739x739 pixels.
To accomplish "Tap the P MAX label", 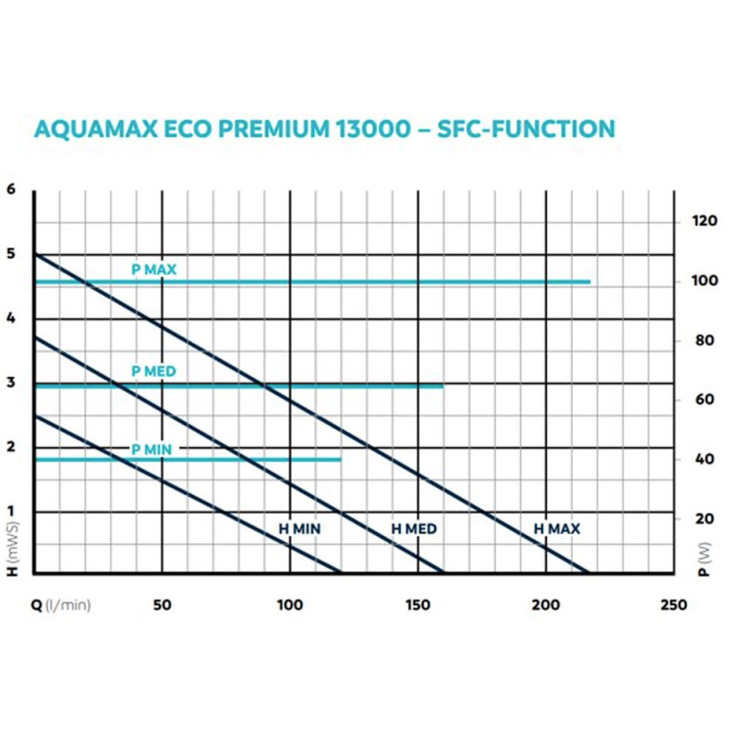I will point(153,270).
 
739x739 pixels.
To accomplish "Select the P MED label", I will point(153,371).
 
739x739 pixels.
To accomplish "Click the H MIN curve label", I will point(299,529).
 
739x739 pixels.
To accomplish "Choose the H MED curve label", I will point(414,529).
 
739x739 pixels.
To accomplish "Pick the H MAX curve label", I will point(557,529).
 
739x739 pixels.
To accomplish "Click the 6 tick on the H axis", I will point(12,189).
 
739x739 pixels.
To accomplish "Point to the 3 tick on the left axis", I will point(12,382).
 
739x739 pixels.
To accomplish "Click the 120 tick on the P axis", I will point(705,222).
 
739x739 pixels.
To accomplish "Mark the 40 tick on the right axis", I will point(705,460).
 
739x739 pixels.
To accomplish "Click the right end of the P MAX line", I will point(589,281).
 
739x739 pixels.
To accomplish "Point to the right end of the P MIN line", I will point(341,459).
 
